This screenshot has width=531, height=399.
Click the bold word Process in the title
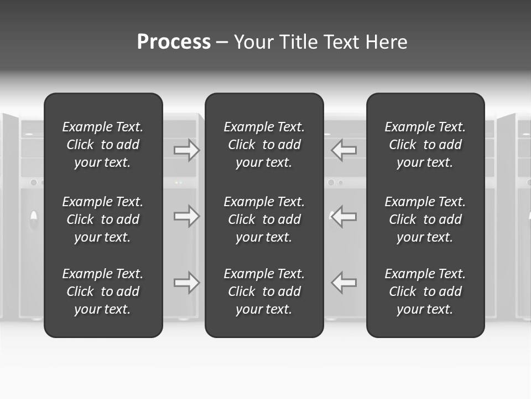click(174, 42)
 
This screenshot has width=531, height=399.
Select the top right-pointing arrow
click(186, 150)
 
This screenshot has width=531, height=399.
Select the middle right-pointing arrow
click(186, 216)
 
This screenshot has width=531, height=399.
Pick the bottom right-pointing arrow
click(186, 283)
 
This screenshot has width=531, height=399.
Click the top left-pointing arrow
click(344, 150)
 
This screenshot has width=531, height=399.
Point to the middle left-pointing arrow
click(344, 216)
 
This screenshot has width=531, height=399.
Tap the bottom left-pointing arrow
click(344, 283)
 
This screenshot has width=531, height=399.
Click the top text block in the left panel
click(103, 145)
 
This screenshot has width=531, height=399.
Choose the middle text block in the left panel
click(103, 219)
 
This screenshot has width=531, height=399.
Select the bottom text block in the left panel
click(103, 291)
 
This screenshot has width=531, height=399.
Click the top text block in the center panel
click(264, 145)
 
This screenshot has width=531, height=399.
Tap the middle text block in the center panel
click(264, 219)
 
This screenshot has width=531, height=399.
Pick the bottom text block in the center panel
click(264, 291)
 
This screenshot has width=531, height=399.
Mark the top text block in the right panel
click(425, 145)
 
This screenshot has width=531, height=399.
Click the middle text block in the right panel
click(425, 219)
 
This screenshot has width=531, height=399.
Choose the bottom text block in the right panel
click(425, 291)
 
